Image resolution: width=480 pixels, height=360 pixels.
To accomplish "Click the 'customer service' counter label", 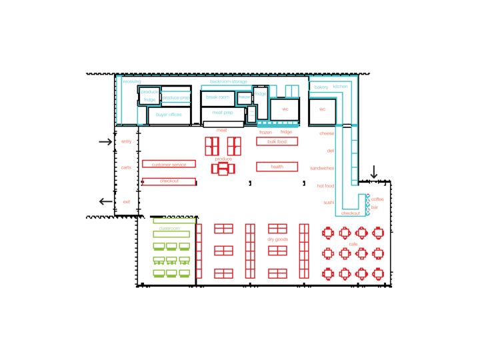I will pos(169,164).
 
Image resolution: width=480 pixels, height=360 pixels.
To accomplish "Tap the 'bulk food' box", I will pos(277,141).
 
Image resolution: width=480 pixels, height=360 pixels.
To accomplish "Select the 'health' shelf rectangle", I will pos(277,167).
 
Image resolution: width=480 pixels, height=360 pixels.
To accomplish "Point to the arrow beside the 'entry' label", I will pos(105,141).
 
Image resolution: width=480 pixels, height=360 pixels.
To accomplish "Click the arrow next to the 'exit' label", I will pos(106,201).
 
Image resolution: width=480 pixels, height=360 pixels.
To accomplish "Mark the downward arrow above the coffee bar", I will pos(374,173).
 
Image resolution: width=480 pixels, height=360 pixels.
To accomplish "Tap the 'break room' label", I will pos(217,97).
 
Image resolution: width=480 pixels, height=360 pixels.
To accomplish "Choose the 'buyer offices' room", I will pos(169,115).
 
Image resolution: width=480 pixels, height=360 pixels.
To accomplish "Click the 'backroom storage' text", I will pos(229,81).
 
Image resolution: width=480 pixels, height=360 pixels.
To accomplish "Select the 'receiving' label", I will pos(132,81).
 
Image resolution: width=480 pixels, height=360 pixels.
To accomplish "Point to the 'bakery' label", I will pos(321,87).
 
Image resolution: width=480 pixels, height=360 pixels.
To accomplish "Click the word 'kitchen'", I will pos(340,87).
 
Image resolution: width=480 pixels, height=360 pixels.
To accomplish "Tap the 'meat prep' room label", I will pos(223,113).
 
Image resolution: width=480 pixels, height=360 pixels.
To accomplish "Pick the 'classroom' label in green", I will pos(169,228).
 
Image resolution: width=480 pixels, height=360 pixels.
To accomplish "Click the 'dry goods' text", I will pos(278,239).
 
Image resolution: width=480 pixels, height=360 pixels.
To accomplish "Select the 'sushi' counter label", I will pos(329,203).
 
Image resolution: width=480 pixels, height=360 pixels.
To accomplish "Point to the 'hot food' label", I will pos(325,186).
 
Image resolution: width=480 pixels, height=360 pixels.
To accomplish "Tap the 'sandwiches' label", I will pos(322,168).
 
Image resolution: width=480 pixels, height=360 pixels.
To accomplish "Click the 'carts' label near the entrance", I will pos(126,167).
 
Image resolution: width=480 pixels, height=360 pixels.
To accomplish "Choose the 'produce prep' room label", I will pos(176,98).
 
